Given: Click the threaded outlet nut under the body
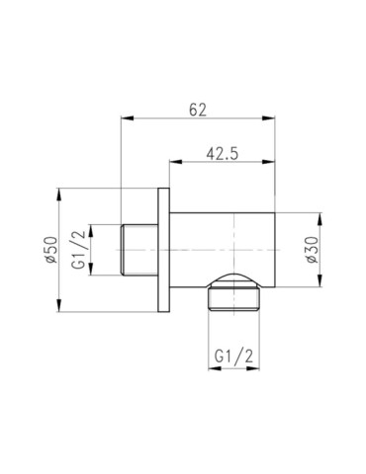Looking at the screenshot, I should point(235,295).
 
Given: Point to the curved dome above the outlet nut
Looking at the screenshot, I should point(235,277).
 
